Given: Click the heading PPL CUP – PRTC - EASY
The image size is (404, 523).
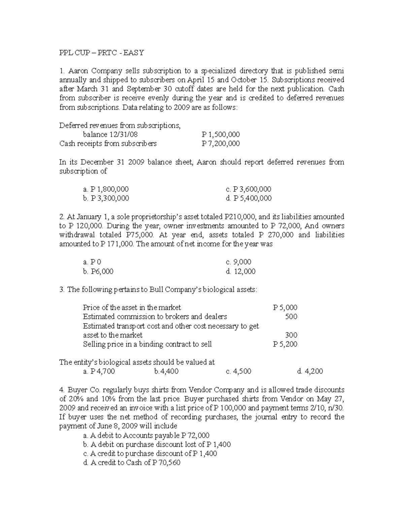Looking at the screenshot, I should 101,53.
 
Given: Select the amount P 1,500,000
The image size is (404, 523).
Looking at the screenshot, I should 221,134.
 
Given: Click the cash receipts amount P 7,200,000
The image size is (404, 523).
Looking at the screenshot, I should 221,143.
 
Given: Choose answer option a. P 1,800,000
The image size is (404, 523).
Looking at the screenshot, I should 106,189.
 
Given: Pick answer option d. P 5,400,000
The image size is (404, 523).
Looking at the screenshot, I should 249,198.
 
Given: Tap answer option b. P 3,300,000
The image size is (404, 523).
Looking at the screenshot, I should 106,198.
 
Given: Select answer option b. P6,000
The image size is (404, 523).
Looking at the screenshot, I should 98,271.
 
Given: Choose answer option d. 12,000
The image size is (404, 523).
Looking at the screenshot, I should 241,271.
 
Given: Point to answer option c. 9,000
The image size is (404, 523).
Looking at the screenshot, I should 239,262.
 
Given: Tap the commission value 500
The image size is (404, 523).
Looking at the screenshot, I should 291,317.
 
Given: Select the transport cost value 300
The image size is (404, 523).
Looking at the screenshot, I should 291,335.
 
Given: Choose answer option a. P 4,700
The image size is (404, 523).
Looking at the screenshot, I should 99,371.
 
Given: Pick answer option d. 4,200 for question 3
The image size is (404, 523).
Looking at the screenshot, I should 310,371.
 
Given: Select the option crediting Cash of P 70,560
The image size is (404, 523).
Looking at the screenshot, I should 132,463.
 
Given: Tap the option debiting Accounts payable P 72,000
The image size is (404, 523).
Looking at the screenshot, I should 146,435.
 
